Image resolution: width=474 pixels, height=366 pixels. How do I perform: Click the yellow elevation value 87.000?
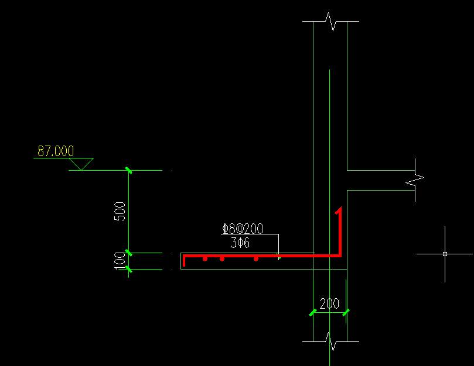coord(56,151)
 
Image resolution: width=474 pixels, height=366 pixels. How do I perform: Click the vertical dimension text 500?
coord(120,212)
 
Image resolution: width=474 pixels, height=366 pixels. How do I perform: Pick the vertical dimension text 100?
coord(120,261)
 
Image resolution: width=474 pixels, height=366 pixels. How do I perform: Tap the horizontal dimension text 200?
coord(329,303)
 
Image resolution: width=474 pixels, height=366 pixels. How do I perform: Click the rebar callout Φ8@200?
coord(243,229)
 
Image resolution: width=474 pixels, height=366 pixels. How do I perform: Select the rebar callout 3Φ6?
coord(240,243)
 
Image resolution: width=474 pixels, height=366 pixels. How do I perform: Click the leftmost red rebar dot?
coord(205,259)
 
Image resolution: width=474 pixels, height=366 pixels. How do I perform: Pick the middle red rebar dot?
coord(222,259)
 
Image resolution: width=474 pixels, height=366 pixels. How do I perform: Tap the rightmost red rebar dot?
coord(256,259)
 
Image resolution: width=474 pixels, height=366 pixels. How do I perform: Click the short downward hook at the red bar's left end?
coord(184,261)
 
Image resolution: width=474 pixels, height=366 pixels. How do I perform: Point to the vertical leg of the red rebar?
coord(340,232)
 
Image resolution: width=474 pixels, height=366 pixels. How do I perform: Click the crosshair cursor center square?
coord(445,254)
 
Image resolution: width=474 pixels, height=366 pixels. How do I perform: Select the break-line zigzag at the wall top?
coord(330,22)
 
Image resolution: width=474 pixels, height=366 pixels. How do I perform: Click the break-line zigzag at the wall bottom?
coord(330,341)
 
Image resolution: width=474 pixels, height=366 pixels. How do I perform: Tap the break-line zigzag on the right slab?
coord(415,180)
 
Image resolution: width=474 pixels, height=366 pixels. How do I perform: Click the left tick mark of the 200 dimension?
coord(313,313)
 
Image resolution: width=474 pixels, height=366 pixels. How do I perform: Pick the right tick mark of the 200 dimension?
coord(346,313)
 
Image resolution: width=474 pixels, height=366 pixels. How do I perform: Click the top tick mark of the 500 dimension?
coord(129,171)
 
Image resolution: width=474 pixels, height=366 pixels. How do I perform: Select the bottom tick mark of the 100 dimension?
coord(129,269)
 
